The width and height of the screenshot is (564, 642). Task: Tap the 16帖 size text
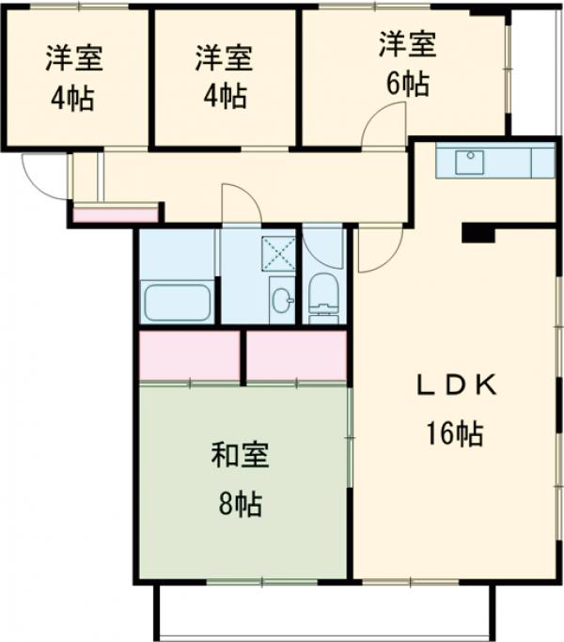coord(455,433)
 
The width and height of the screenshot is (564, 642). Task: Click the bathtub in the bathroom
coord(179,303)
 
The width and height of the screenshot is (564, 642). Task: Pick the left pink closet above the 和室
coord(189,356)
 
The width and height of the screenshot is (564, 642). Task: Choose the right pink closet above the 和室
coord(296,356)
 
